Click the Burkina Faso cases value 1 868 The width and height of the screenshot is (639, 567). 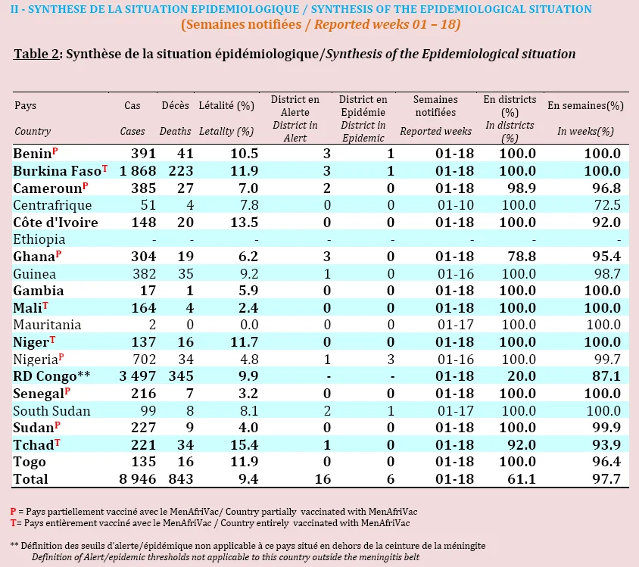tap(138, 171)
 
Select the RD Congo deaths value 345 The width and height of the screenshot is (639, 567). tap(181, 376)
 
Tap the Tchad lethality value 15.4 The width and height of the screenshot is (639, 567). tap(244, 445)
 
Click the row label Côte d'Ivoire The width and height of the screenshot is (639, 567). tap(55, 223)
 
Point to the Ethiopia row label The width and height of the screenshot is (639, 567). tap(39, 239)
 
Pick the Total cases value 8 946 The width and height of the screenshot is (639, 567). tap(138, 479)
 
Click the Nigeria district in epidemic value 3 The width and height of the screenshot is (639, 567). tap(391, 360)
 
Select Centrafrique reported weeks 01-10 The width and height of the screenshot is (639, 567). tap(456, 205)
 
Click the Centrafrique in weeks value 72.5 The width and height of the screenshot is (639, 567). tap(607, 205)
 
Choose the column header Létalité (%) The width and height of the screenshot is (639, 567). tap(226, 106)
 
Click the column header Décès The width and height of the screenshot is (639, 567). tap(175, 105)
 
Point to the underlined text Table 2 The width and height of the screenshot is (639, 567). tap(36, 55)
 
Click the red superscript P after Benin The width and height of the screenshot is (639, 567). tap(55, 151)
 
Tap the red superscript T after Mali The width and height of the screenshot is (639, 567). tap(45, 306)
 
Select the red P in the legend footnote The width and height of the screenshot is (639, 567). tap(14, 512)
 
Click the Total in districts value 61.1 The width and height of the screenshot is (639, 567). tap(522, 479)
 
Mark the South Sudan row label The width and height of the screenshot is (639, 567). tap(51, 411)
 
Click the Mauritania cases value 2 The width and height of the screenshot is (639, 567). tap(152, 325)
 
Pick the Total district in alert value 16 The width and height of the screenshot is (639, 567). tap(323, 479)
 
